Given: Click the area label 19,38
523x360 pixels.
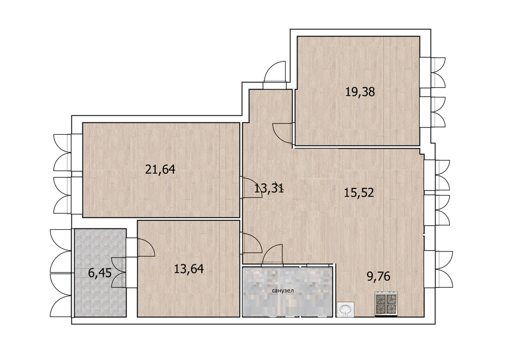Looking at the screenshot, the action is (360, 92).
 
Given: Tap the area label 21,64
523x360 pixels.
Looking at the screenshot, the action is (160, 170).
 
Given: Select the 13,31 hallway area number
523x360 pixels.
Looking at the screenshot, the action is (269, 188).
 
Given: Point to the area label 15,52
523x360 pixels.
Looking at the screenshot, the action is (359, 192).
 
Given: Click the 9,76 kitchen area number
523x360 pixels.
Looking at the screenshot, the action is (379, 276).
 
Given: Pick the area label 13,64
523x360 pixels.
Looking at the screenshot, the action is (189, 268).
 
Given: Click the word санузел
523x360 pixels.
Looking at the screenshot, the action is (283, 291).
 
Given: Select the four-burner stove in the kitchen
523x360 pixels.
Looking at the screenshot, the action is (386, 304).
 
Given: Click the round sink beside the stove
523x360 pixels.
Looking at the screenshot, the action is (346, 309).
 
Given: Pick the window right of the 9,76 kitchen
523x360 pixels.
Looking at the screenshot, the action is (440, 269).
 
